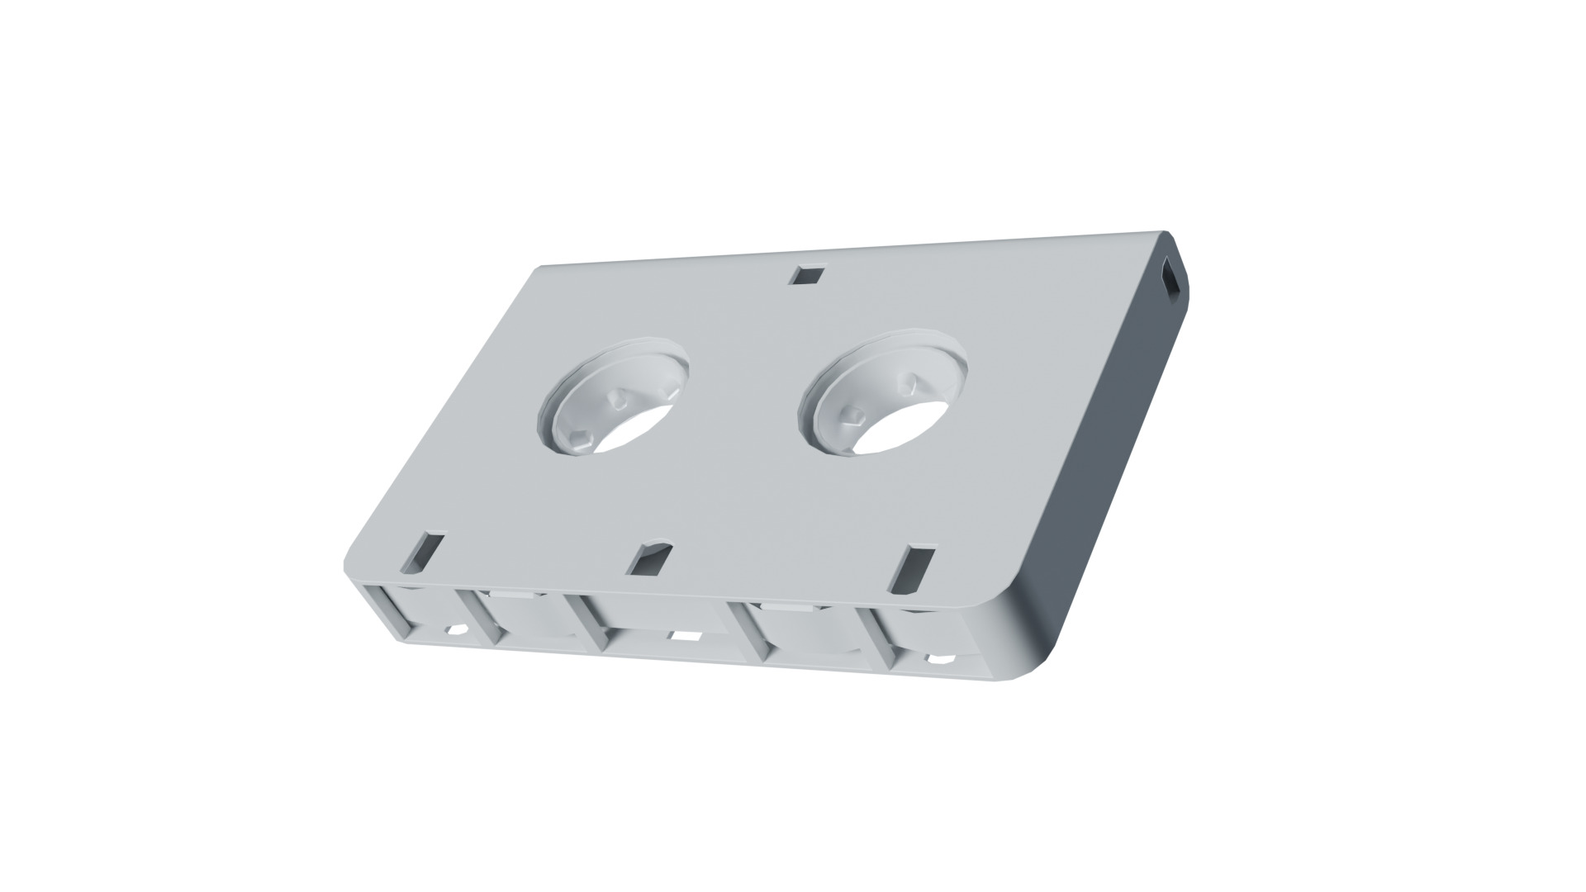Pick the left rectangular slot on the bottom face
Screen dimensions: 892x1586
point(423,553)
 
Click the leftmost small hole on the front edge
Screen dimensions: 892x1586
point(455,630)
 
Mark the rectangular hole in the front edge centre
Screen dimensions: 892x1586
point(685,636)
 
